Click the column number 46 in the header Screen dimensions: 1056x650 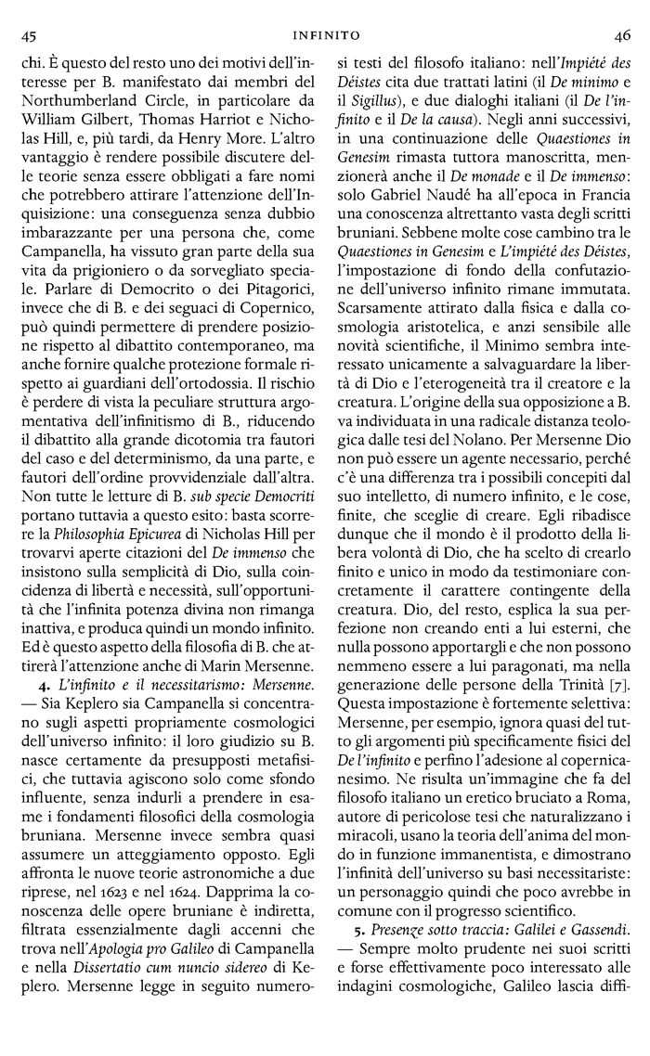tap(621, 35)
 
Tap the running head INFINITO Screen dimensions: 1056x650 tap(325, 35)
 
